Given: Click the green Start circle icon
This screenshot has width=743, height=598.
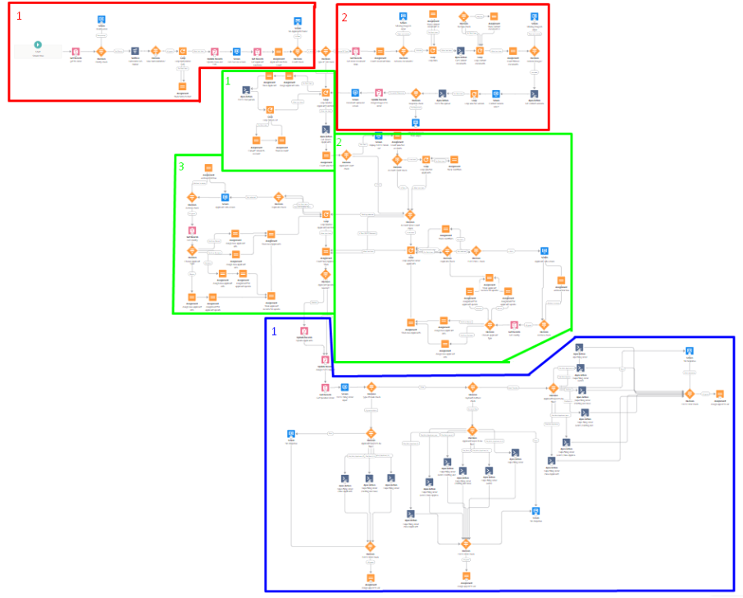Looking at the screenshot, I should tap(38, 44).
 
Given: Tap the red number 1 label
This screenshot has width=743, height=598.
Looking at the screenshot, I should tap(20, 16).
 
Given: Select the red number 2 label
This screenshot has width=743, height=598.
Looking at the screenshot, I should tap(344, 17).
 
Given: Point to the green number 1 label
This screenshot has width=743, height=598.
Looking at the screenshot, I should tap(230, 82).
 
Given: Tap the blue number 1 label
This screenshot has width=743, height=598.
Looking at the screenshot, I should tap(273, 331).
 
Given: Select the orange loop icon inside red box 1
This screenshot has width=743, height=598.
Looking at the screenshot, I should tap(183, 51).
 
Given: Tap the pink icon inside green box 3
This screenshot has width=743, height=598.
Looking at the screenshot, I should tap(192, 231).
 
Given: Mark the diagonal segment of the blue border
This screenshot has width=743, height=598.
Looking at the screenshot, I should tap(549, 354).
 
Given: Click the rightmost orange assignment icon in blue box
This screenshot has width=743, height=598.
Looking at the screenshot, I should tap(719, 394).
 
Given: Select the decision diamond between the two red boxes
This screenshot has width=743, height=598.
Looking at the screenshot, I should tap(326, 51).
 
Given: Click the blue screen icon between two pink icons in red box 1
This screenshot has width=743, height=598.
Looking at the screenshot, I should tap(236, 51).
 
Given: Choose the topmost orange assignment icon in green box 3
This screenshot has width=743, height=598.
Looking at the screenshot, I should tap(208, 167).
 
